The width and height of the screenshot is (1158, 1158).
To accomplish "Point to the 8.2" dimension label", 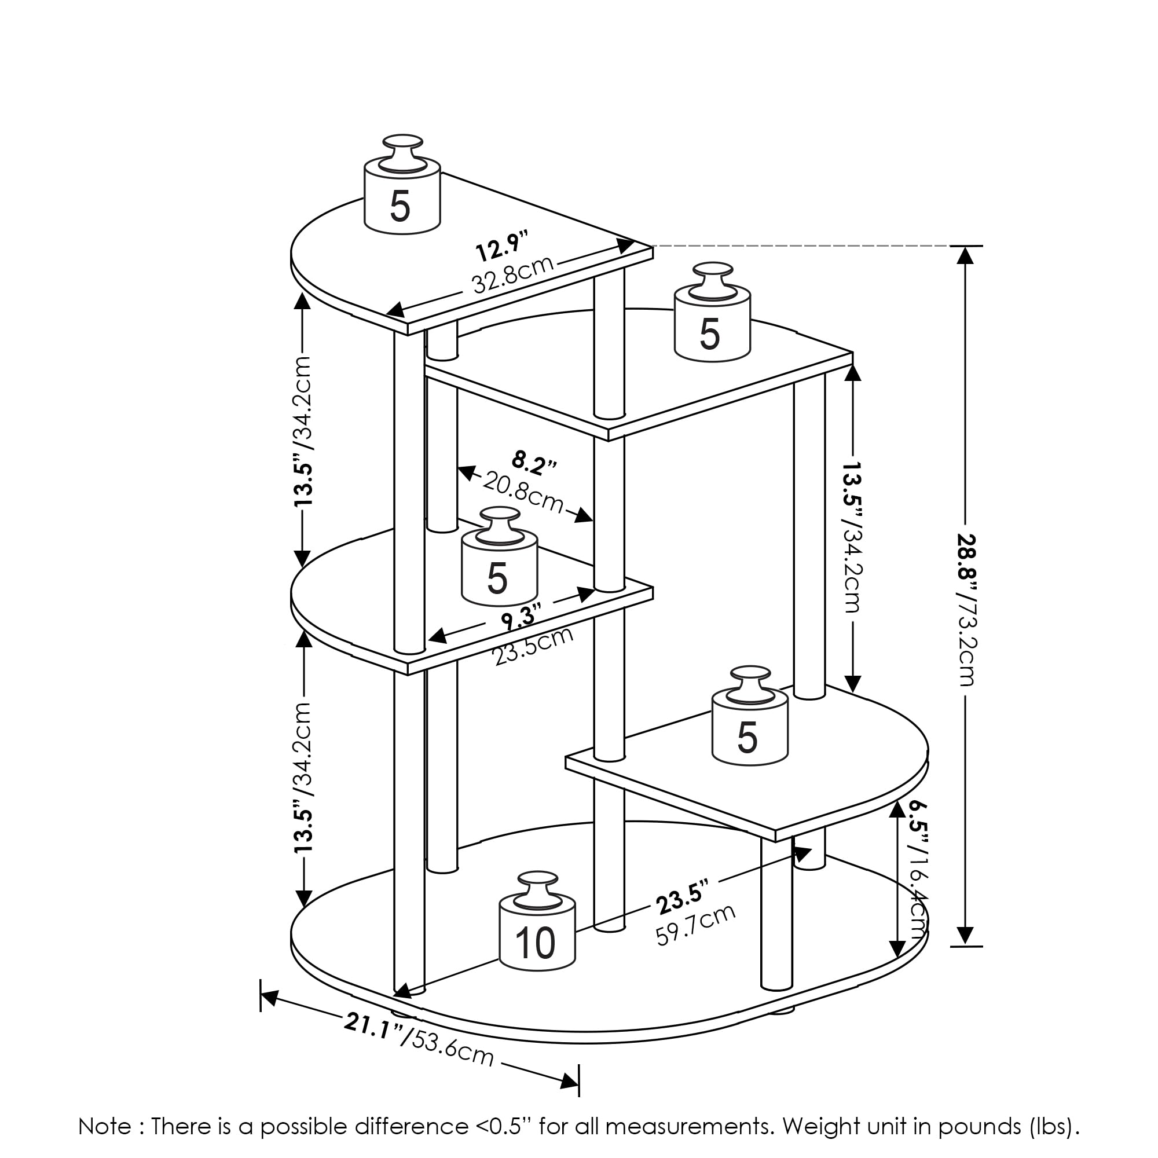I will pyautogui.click(x=534, y=463).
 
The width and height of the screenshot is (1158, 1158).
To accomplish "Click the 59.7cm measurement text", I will pyautogui.click(x=695, y=925).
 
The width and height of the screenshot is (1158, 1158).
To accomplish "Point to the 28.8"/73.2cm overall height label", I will pyautogui.click(x=966, y=609).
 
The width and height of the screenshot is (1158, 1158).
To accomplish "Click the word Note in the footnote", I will pyautogui.click(x=104, y=1126).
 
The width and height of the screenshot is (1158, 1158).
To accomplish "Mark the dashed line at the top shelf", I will pyautogui.click(x=809, y=245).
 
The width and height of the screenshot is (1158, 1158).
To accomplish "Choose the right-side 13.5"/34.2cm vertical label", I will pyautogui.click(x=852, y=537).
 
